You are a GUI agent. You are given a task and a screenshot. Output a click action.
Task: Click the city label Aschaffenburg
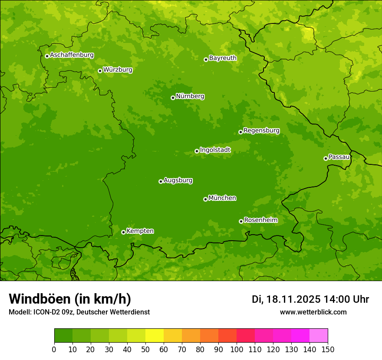tap(72, 55)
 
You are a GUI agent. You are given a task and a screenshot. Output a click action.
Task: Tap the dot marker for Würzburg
tap(100, 71)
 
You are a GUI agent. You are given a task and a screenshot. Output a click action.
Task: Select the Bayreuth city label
tap(223, 58)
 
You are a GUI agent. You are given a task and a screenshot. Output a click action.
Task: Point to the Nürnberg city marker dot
tap(173, 98)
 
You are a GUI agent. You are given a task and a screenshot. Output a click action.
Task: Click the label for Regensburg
tap(261, 130)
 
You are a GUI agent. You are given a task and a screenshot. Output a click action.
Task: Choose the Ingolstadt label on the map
tap(215, 150)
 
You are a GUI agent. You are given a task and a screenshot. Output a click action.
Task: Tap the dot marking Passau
tap(326, 158)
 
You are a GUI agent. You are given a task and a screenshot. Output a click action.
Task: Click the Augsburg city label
tap(178, 180)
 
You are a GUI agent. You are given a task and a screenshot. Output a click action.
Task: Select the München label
tap(222, 198)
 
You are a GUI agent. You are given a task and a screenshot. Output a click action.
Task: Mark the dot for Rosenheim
tap(241, 221)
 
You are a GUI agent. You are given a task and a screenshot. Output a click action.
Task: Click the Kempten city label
tap(140, 231)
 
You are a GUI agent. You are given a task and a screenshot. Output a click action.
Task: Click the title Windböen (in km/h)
tap(69, 299)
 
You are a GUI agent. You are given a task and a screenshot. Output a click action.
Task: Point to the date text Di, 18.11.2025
tap(286, 299)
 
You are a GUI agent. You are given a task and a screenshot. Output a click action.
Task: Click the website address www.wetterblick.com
tap(313, 312)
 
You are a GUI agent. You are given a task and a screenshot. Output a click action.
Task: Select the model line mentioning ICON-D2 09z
tap(79, 312)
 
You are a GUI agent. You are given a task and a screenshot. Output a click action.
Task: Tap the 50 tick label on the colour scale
tap(145, 349)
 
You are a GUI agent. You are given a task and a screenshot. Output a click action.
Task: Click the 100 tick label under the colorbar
tap(237, 349)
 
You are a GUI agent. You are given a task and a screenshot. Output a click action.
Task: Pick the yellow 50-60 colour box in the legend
tap(155, 336)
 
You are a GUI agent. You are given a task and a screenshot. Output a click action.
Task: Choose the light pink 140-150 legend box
tap(319, 336)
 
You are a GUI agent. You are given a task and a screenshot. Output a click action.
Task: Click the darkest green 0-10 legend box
tap(63, 336)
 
